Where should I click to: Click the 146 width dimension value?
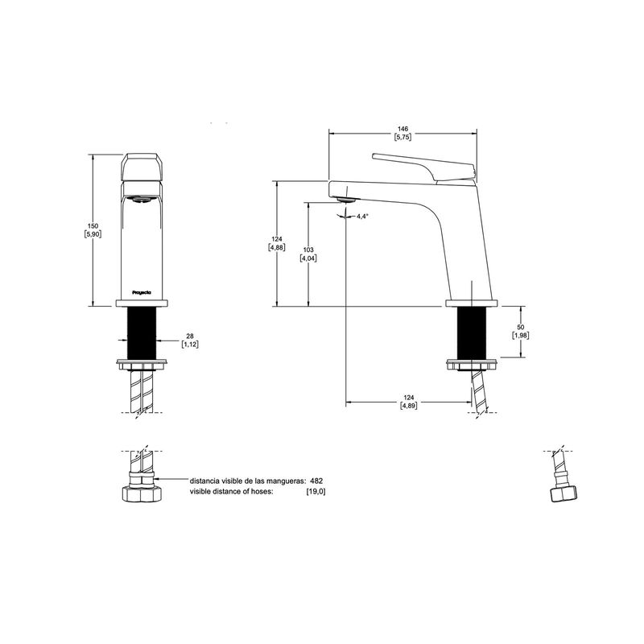click(x=403, y=129)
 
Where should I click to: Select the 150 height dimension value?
click(x=93, y=226)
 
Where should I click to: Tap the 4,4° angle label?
click(x=362, y=216)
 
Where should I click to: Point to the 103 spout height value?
click(x=308, y=250)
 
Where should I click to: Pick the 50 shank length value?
click(x=520, y=327)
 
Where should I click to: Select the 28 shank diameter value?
click(x=190, y=336)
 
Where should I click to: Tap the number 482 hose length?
click(x=316, y=481)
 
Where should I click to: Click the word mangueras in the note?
click(x=286, y=481)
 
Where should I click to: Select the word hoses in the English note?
click(x=261, y=491)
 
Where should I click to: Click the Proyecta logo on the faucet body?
click(x=142, y=292)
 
